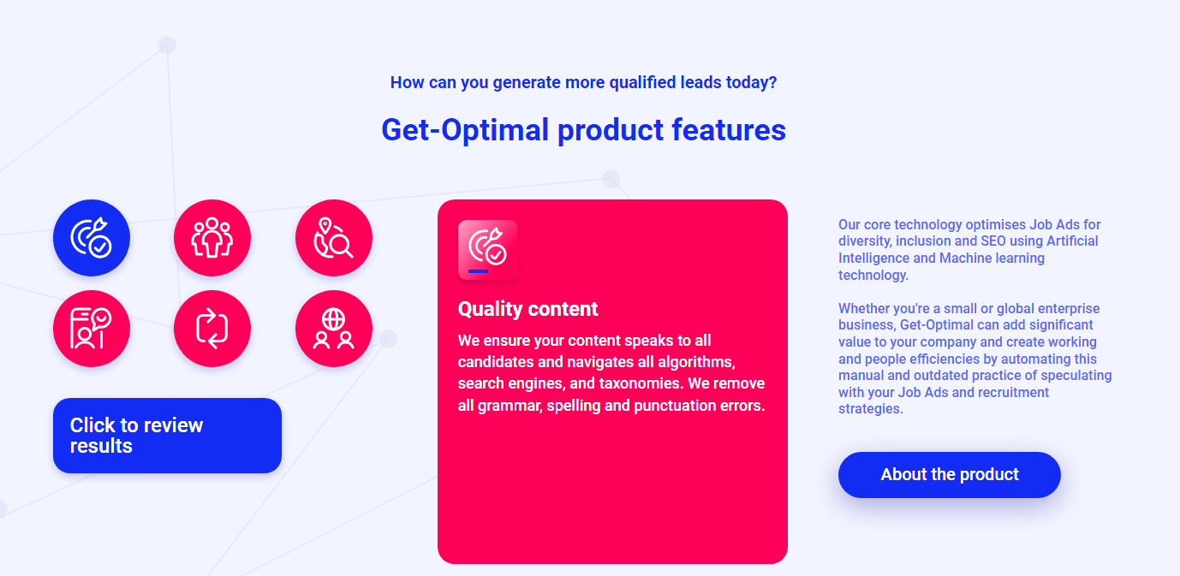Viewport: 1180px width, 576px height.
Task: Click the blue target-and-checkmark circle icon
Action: coord(91,238)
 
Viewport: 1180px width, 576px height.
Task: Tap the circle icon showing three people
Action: coord(212,238)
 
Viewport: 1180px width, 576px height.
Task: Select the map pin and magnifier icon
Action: coord(334,238)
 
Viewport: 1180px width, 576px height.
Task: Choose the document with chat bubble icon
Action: coord(91,329)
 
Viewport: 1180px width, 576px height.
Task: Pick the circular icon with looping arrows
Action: coord(212,329)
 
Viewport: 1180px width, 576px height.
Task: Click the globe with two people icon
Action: coord(334,329)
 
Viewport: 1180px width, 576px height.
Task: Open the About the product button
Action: coord(950,474)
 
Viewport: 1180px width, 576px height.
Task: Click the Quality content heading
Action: coord(527,309)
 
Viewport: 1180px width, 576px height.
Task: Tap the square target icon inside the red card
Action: coord(488,250)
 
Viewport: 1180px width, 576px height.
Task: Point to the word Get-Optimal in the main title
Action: coord(465,130)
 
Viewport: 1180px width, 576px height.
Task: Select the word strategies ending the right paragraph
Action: coord(871,409)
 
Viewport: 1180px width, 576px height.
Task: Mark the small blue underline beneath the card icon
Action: coord(479,271)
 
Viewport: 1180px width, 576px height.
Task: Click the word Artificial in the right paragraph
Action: coord(1073,241)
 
